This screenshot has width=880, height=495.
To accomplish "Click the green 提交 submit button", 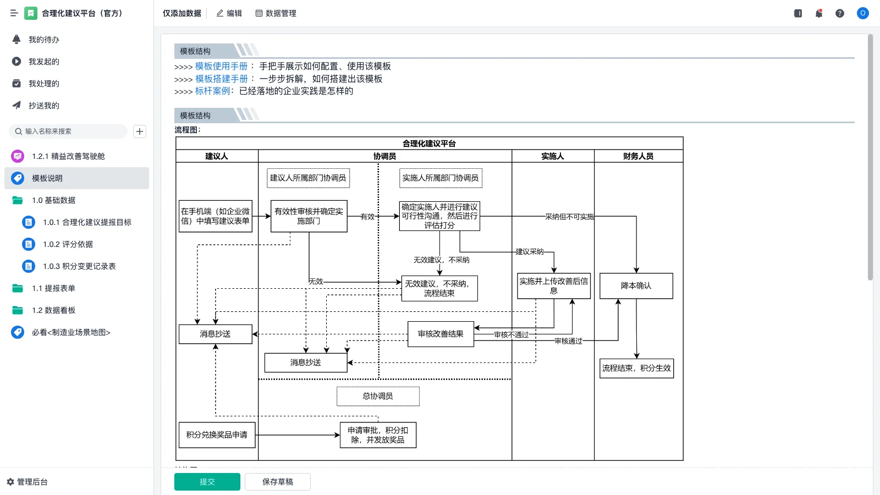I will (x=207, y=482).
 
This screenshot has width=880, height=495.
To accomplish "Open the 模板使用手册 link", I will (x=221, y=66).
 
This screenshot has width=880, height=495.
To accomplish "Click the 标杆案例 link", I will (x=212, y=91).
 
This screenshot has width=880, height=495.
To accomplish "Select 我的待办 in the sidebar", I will (x=43, y=40).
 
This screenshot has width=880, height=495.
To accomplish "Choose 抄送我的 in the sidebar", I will (x=43, y=106).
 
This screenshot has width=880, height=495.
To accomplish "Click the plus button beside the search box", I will (x=140, y=131).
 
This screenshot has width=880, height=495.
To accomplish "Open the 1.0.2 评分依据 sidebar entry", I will (x=68, y=244).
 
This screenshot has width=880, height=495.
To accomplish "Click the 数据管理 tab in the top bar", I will (x=276, y=13).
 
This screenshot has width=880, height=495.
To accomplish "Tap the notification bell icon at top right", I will (x=819, y=13).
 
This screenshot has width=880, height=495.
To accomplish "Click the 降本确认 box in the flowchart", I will (x=636, y=286).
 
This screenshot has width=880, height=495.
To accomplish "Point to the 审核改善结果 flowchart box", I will (x=441, y=334).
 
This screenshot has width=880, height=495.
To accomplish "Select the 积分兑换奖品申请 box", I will (x=217, y=435).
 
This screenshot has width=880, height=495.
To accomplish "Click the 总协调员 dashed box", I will (x=378, y=396).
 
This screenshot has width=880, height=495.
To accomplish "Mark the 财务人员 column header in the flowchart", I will (x=638, y=156).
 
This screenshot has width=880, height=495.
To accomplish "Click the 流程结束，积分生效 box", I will (x=636, y=368).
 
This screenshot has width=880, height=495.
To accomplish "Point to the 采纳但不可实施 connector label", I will (x=569, y=217).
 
